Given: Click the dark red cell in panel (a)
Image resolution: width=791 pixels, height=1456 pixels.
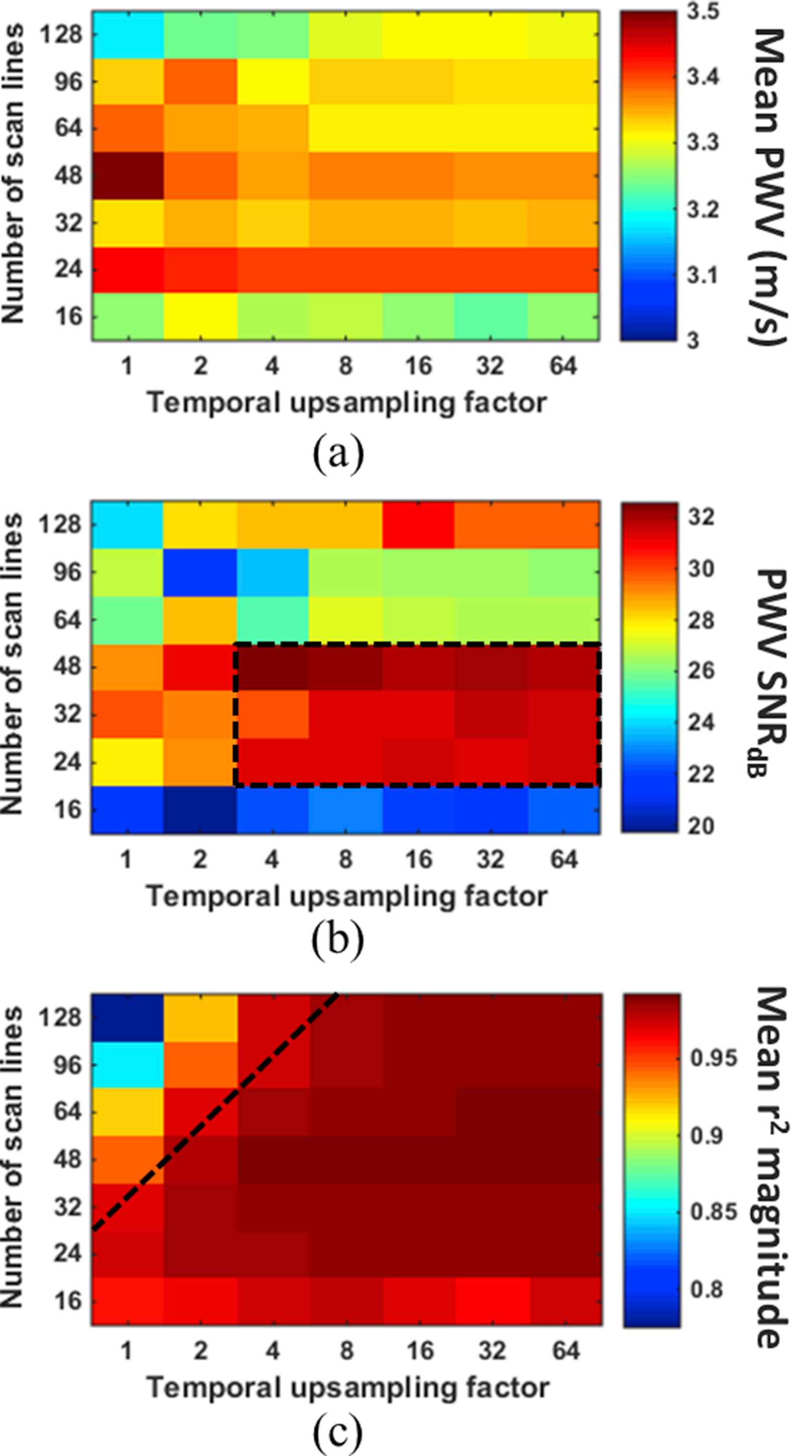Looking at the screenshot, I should click(x=128, y=176).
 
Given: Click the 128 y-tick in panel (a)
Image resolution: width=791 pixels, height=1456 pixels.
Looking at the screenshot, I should click(x=61, y=36).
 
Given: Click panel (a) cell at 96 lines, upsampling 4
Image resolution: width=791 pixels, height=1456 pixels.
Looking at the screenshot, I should click(x=273, y=82).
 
